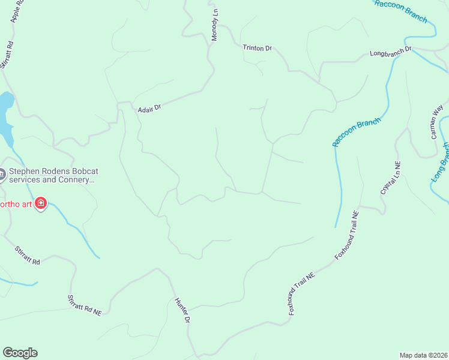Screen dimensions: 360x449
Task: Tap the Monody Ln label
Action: tap(214, 25)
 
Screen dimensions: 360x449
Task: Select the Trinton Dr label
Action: tap(257, 47)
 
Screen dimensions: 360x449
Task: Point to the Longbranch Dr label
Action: tap(390, 52)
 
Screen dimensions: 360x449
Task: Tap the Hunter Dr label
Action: tap(182, 311)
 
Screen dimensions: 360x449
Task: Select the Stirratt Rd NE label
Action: tap(85, 306)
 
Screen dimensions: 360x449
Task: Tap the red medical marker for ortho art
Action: tap(41, 204)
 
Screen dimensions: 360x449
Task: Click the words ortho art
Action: tap(15, 204)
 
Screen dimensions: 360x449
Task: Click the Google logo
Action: tap(20, 353)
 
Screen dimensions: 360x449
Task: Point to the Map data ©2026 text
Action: tap(423, 355)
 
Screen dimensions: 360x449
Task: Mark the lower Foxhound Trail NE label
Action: tap(301, 293)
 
